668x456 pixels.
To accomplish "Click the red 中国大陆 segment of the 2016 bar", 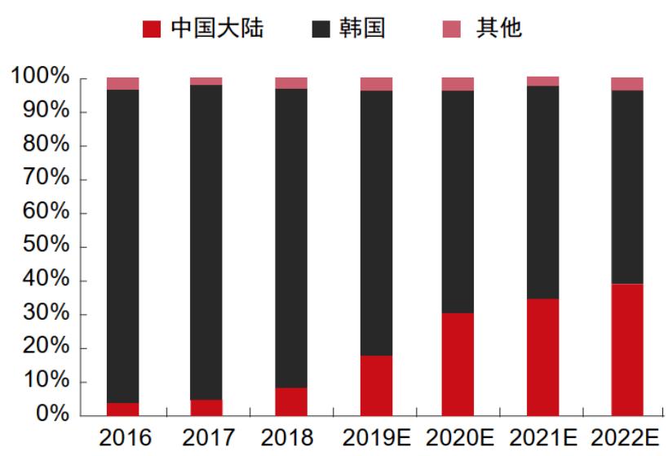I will tap(122, 409).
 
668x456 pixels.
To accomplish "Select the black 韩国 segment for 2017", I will tap(206, 241).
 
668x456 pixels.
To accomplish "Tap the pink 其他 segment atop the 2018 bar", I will tap(291, 82).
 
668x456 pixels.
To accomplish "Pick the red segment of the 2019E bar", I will tap(376, 385).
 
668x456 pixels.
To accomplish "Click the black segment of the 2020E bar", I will tap(458, 201).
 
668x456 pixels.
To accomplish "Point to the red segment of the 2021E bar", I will tap(542, 357).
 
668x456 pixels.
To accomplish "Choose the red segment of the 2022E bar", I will tap(627, 350).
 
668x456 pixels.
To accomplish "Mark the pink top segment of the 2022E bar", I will tap(627, 83).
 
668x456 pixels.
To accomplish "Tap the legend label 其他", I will tap(498, 29).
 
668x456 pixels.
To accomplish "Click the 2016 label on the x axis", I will tap(122, 438).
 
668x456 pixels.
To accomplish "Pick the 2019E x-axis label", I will tap(376, 438).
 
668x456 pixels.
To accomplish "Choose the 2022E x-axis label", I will tap(627, 438).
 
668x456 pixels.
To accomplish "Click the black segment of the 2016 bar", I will tap(122, 245).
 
